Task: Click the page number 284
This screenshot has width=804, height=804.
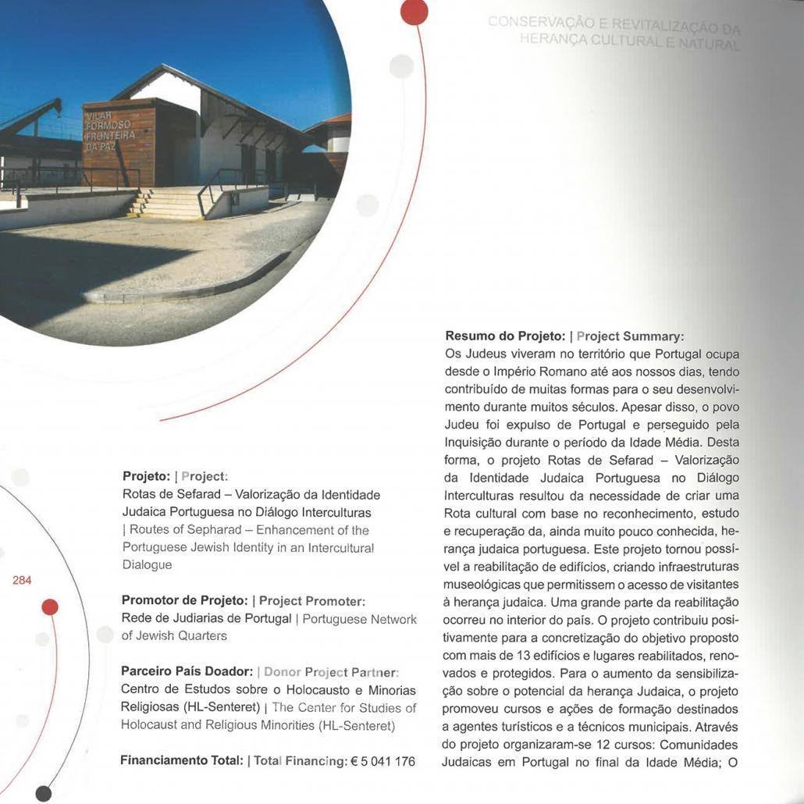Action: pyautogui.click(x=22, y=580)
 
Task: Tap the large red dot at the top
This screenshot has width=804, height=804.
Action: pyautogui.click(x=414, y=11)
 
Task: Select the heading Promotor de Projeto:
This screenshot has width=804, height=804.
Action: pyautogui.click(x=186, y=600)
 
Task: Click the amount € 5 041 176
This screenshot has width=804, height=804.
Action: pyautogui.click(x=382, y=761)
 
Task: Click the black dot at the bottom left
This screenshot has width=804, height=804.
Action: pyautogui.click(x=44, y=793)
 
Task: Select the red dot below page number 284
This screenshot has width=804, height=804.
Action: pyautogui.click(x=50, y=607)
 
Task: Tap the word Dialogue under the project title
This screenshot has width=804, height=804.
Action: pyautogui.click(x=147, y=564)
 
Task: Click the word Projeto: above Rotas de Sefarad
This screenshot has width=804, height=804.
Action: pyautogui.click(x=146, y=476)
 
